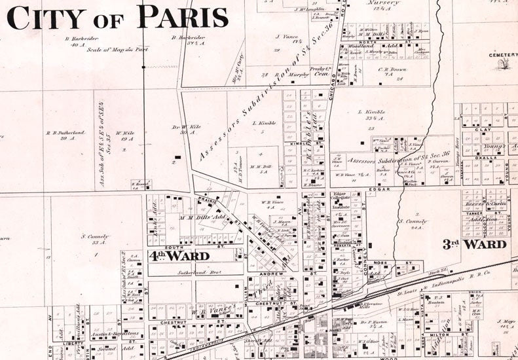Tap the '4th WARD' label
click(178, 255)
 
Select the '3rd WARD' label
click(474, 244)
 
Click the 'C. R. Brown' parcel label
click(392, 70)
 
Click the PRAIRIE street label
click(207, 199)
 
